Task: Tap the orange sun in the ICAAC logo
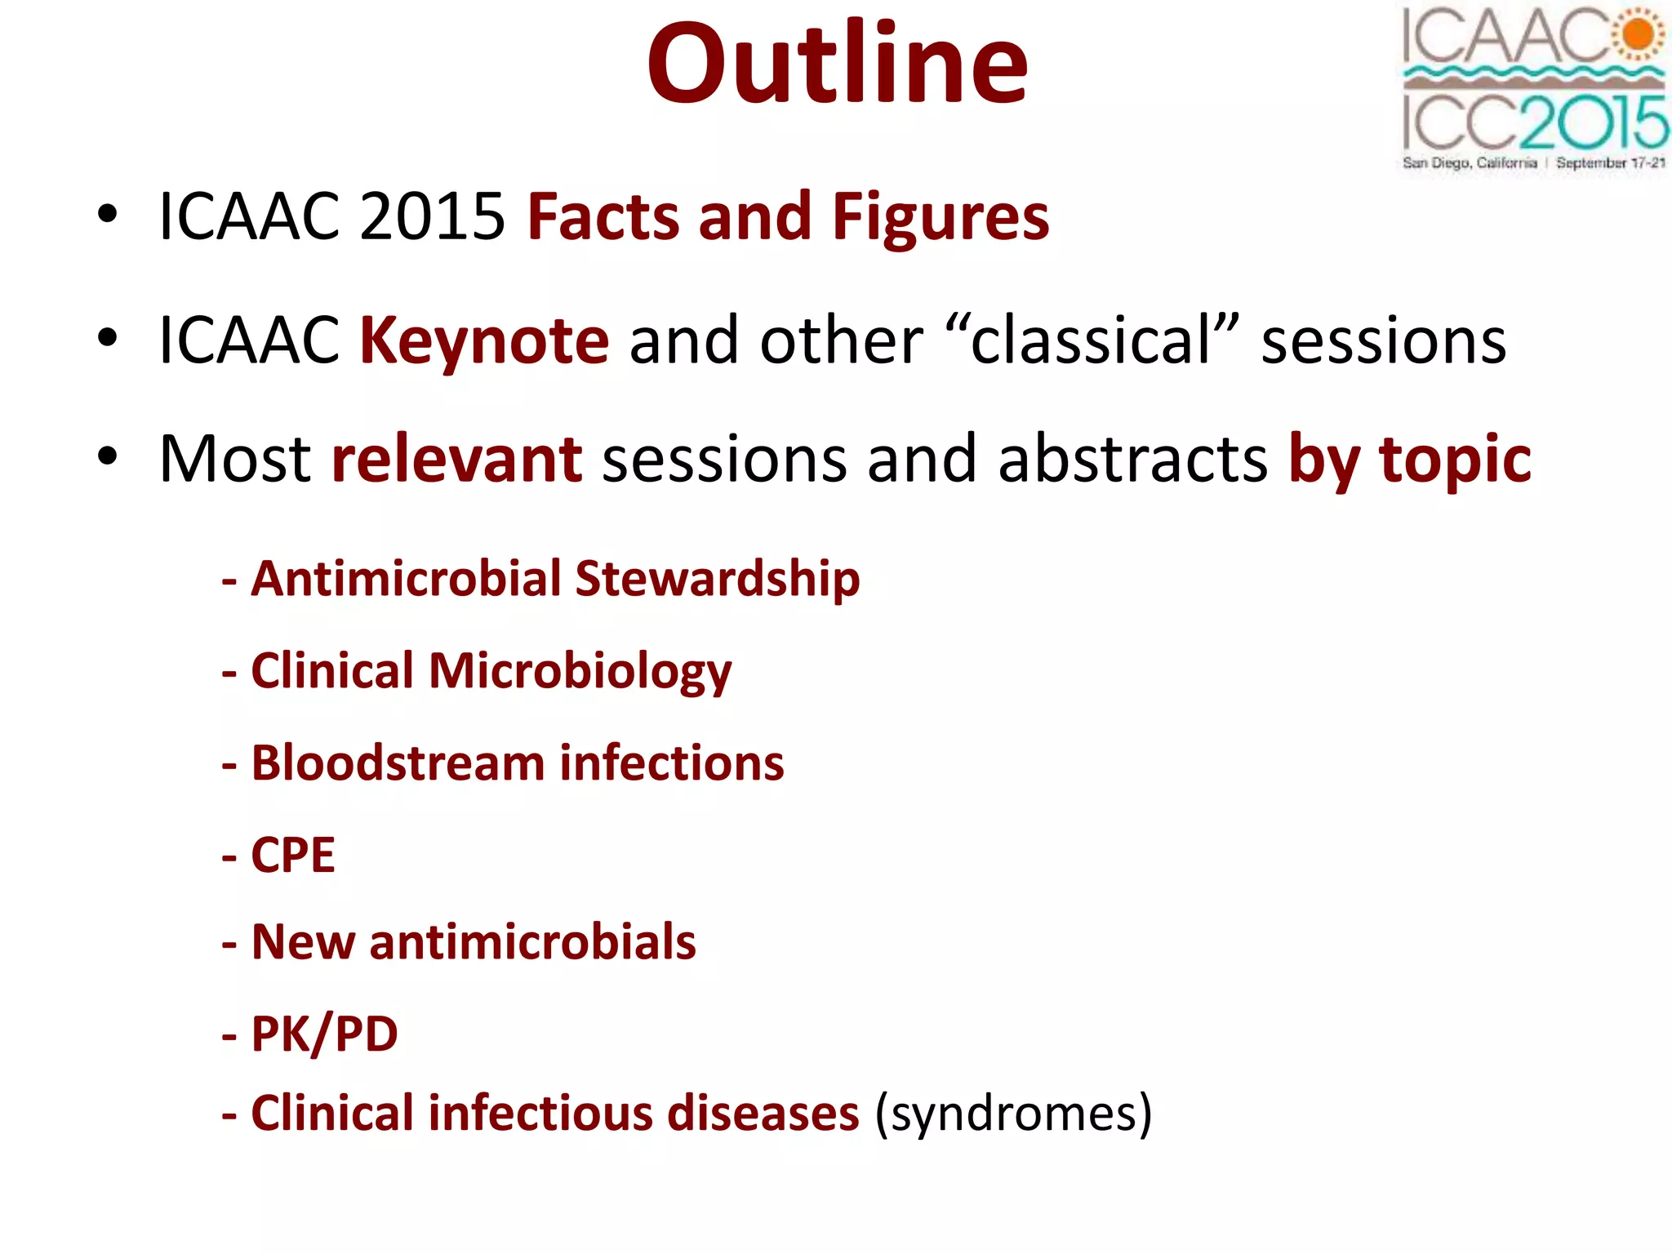tap(1639, 34)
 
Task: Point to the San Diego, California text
tap(1469, 162)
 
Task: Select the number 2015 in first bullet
tap(432, 217)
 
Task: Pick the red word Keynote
tap(484, 340)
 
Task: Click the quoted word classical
tap(1091, 340)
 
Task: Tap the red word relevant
tap(456, 459)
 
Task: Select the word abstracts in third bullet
tap(1132, 459)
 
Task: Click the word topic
tap(1455, 459)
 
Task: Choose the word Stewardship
tap(717, 579)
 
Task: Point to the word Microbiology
tap(580, 671)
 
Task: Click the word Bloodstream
tap(398, 763)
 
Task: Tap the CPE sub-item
tap(292, 856)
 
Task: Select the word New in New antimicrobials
tap(303, 942)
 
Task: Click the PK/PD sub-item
tap(324, 1034)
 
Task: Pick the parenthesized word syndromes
tap(1013, 1114)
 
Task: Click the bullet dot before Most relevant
tap(107, 457)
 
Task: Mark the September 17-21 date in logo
tap(1610, 162)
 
